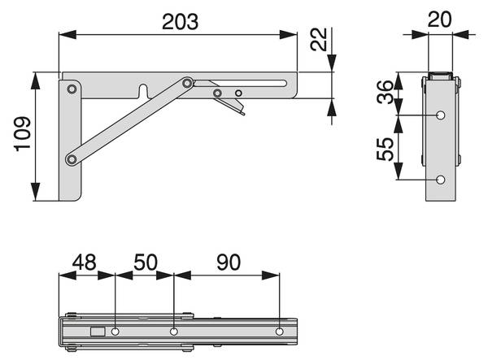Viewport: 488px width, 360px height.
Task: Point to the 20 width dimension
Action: [439, 18]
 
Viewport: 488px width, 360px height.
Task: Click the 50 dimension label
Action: [144, 263]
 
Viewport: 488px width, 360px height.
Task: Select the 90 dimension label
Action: [229, 263]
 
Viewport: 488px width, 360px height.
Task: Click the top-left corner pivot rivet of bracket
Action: [72, 88]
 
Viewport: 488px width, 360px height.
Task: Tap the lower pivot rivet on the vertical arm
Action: [72, 158]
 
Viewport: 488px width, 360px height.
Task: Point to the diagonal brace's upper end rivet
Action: [188, 83]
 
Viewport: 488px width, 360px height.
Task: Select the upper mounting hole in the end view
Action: [440, 115]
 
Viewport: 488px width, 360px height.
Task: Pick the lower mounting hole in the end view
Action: [440, 179]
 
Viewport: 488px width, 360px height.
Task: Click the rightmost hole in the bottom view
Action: [280, 332]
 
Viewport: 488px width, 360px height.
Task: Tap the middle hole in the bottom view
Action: [174, 332]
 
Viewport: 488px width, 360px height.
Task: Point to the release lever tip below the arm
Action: [242, 114]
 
